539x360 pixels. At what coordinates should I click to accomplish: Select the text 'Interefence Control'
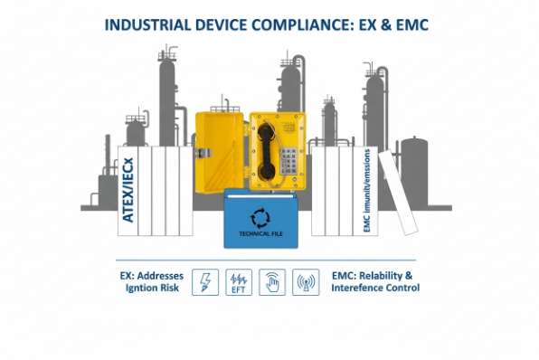point(374,289)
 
